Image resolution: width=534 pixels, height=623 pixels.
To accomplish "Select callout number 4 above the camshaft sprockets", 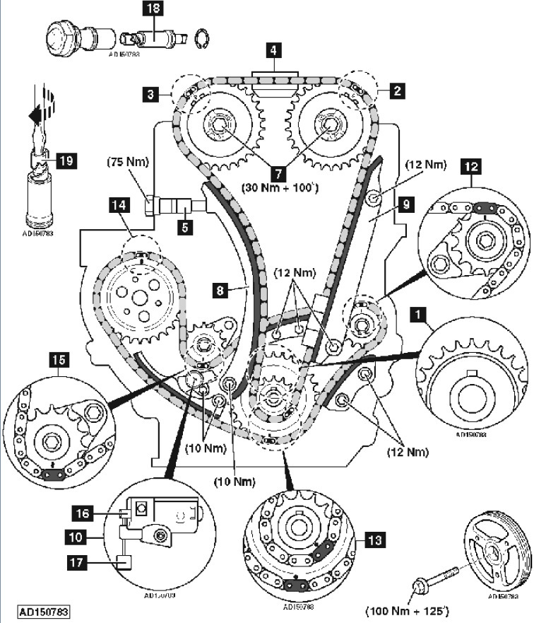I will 272,51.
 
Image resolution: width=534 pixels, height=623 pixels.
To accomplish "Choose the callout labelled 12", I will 471,167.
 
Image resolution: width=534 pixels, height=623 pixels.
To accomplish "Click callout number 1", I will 420,313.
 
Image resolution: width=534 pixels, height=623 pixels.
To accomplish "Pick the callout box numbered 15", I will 59,359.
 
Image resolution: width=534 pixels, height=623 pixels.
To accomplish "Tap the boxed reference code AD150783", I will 44,610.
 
